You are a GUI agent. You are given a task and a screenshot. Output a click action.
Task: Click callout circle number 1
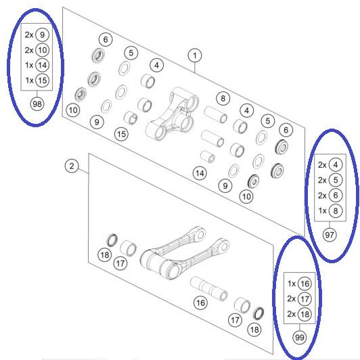coord(195,55)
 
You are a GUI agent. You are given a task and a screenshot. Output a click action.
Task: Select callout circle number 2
coord(72,166)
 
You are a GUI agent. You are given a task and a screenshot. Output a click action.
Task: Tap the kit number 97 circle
coord(330,235)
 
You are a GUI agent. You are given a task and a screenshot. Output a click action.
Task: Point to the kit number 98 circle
coord(37,104)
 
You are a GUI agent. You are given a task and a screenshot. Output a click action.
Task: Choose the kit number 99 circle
coord(299,338)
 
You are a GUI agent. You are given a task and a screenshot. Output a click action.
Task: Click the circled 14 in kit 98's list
coord(43,65)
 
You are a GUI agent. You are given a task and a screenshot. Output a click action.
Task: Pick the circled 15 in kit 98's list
coord(43,81)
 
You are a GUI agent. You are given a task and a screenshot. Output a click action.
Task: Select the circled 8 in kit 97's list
coord(336,210)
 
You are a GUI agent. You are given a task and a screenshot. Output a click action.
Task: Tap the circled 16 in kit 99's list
coord(305,284)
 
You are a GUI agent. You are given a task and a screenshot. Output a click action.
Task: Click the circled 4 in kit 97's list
coord(336,165)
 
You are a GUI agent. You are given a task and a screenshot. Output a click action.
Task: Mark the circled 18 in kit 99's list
coord(305,314)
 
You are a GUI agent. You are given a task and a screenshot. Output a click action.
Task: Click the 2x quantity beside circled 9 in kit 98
coord(29,35)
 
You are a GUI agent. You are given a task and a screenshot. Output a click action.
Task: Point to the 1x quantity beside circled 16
coord(292,284)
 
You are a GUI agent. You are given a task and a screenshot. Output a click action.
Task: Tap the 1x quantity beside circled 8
coord(322,210)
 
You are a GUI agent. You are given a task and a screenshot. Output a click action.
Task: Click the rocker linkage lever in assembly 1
coord(173,114)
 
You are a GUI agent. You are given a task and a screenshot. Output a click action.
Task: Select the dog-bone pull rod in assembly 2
coord(183,252)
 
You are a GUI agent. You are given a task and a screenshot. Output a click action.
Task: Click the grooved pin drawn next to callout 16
coord(209,288)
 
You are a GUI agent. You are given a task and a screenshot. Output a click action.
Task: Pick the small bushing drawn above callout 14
coord(208,156)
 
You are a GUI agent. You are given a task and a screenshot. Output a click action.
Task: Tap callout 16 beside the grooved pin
coord(200,303)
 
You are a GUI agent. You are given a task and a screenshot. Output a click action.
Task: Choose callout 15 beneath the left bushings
coord(121,134)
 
